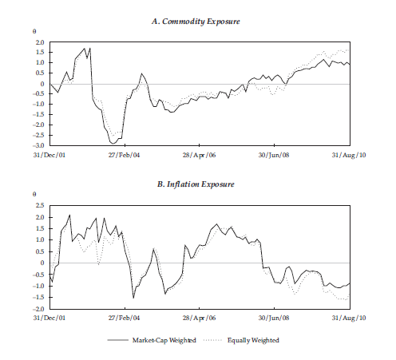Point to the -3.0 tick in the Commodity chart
pos(38,146)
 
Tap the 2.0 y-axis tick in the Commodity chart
pos(38,42)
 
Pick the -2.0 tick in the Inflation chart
pos(38,309)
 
